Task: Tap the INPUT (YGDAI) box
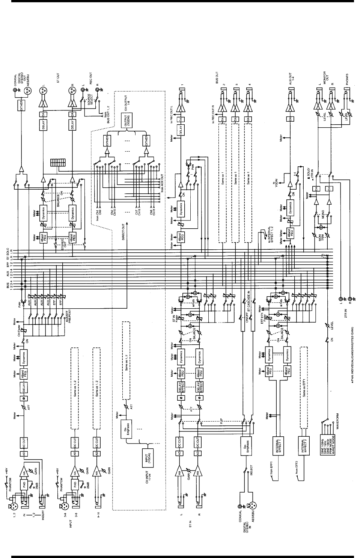(x=148, y=457)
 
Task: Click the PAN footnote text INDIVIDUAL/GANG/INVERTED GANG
(x=352, y=360)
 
